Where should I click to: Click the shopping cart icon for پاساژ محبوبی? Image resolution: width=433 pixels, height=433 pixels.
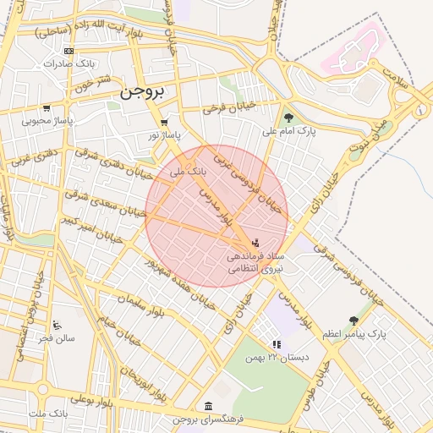tap(46, 108)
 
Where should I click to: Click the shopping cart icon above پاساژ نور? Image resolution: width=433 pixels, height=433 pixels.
tap(163, 122)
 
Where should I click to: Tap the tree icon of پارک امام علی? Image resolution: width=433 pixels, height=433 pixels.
tap(289, 118)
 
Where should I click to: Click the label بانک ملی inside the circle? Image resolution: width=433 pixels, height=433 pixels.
tap(188, 171)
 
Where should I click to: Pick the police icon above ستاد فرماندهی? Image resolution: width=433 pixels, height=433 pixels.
tap(256, 243)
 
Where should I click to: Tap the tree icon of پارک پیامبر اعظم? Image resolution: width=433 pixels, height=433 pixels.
tap(354, 321)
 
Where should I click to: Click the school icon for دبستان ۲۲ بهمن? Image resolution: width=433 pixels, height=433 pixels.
tap(276, 344)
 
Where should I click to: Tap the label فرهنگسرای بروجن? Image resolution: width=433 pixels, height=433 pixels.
tap(207, 420)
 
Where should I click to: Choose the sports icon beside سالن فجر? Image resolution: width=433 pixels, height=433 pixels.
tap(57, 325)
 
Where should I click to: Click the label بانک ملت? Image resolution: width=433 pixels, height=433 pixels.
tap(48, 413)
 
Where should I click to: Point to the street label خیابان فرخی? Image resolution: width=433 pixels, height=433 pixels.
tap(230, 109)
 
